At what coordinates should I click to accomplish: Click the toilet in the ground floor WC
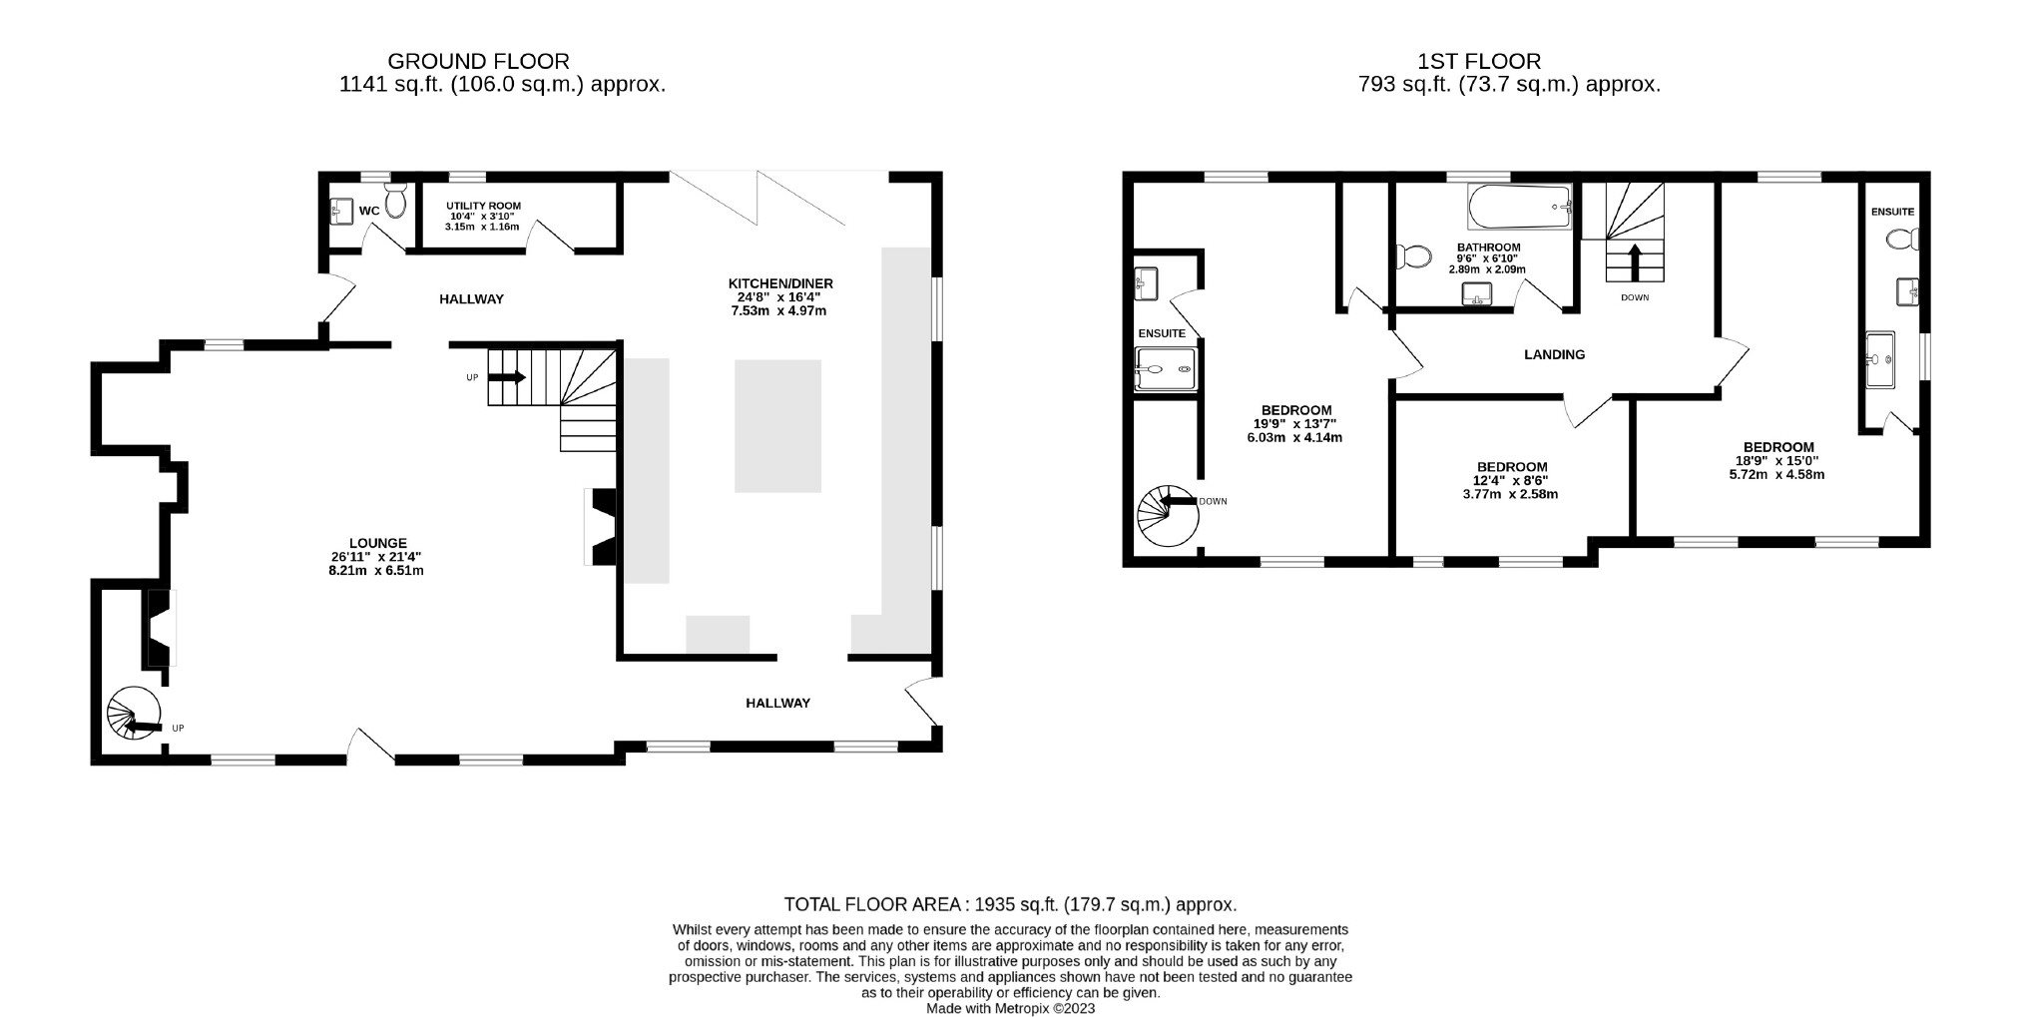[396, 201]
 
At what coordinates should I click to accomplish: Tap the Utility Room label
[483, 207]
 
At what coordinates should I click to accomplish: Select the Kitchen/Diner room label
[779, 283]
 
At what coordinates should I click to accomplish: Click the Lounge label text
[378, 543]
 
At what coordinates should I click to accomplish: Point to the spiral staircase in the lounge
[135, 715]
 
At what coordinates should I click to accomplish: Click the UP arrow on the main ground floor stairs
[506, 377]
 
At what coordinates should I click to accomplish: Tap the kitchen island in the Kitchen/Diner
[777, 426]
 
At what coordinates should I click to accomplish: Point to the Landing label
[1554, 354]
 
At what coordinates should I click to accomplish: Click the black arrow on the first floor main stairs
[1634, 262]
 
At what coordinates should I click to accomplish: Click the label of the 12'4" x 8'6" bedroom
[1512, 466]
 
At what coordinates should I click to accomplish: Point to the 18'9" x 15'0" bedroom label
[1778, 447]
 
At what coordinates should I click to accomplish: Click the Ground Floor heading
[479, 62]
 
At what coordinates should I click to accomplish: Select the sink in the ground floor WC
[339, 211]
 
